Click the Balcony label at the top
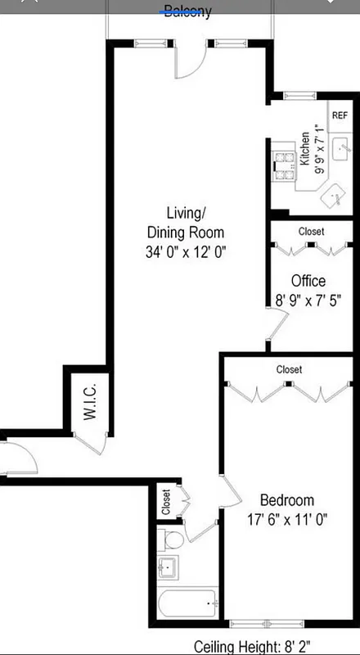pos(187,11)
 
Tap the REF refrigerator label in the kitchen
pos(340,115)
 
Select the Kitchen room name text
pos(304,149)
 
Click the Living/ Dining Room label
pos(184,221)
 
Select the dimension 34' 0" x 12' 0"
pos(184,252)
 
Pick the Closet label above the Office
pos(311,232)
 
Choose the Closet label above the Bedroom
pos(289,369)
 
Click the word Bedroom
pos(287,500)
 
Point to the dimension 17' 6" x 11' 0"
pos(287,520)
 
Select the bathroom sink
pos(171,567)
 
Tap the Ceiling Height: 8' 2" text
pos(249,646)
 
